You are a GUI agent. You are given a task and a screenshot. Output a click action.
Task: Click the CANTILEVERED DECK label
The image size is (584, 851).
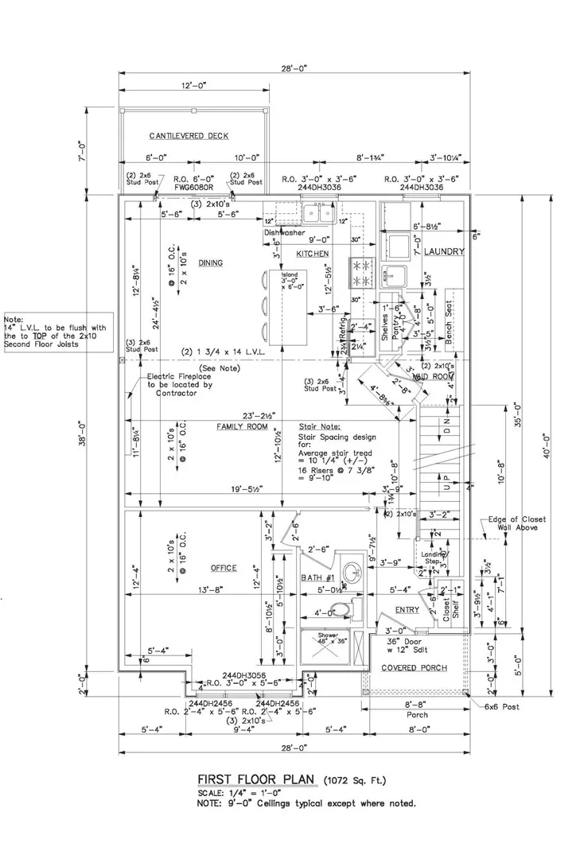click(x=188, y=136)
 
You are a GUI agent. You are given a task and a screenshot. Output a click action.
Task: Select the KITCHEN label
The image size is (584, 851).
click(x=313, y=253)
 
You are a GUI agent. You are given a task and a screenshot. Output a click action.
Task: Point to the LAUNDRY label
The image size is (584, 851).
click(x=443, y=251)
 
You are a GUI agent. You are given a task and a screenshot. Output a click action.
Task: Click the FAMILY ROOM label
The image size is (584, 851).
click(x=242, y=427)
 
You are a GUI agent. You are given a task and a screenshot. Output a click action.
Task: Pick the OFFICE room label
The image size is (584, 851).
click(x=224, y=568)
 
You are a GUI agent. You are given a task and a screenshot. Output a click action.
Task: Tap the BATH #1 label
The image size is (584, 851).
click(x=316, y=577)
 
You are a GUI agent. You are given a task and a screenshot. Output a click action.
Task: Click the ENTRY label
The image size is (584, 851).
click(x=407, y=610)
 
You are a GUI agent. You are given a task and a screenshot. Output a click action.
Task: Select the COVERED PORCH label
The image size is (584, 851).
click(x=413, y=667)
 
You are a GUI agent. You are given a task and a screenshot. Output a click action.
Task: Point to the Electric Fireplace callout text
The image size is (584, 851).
click(x=180, y=385)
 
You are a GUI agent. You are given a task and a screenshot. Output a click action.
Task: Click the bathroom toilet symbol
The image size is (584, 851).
click(x=341, y=610)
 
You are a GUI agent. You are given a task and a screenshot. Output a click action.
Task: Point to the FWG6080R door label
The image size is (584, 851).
click(x=194, y=190)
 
